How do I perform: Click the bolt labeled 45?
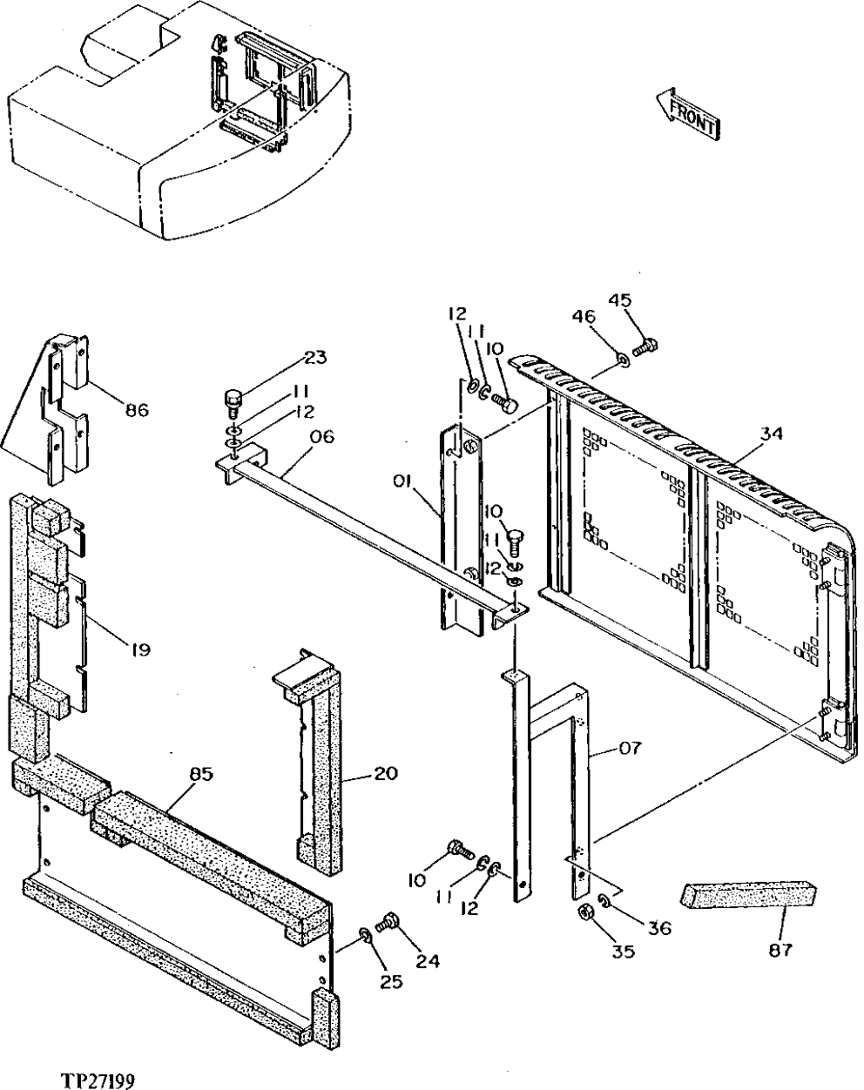click(645, 348)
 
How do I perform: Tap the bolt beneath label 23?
click(233, 403)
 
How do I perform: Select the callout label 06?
click(321, 437)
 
